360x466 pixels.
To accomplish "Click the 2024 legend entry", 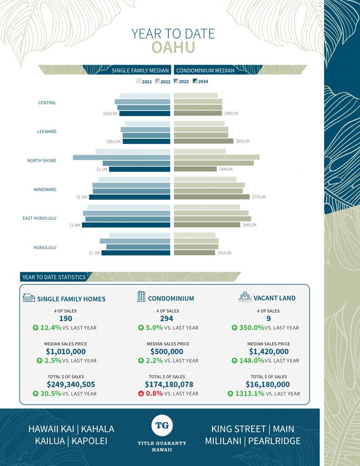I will [x=201, y=81].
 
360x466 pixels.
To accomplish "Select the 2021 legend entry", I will [x=144, y=81].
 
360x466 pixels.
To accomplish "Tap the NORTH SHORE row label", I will [x=42, y=161].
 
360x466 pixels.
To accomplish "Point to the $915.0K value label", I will [x=110, y=113].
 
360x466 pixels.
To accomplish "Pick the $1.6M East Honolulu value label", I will [x=75, y=225].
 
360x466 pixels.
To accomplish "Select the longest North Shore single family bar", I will [x=122, y=157].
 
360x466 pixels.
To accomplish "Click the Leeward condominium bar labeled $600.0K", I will [x=203, y=141].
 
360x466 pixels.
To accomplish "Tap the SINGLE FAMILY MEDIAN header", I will [x=141, y=71].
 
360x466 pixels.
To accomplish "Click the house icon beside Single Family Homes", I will [x=29, y=298].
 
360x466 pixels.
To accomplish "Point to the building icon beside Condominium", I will [x=141, y=297].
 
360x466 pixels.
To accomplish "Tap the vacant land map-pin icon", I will [x=245, y=297].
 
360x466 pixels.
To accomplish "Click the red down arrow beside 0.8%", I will [x=141, y=393].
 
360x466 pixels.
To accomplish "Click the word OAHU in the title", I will [x=173, y=47].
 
